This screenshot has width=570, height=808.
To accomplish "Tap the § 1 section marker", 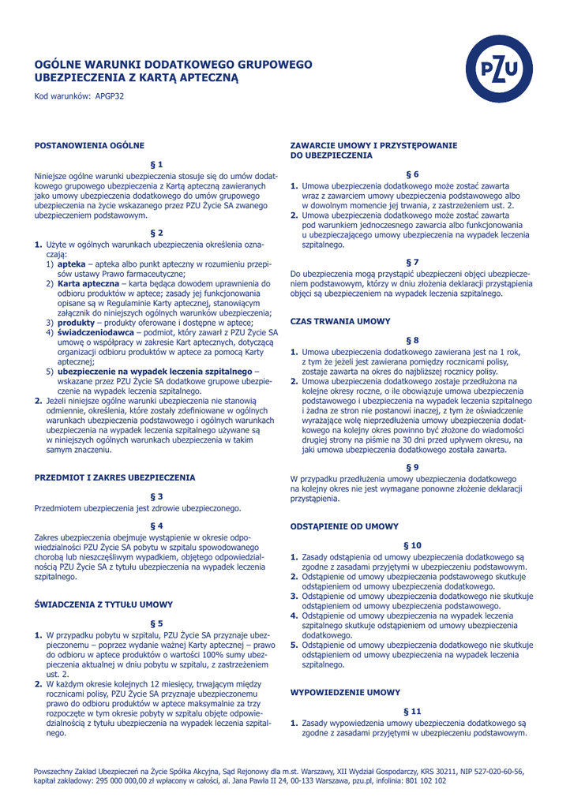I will coord(156,163).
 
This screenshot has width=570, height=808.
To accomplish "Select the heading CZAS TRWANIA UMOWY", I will coord(340,321).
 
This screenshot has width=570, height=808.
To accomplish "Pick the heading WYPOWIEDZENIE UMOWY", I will coord(346,691).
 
